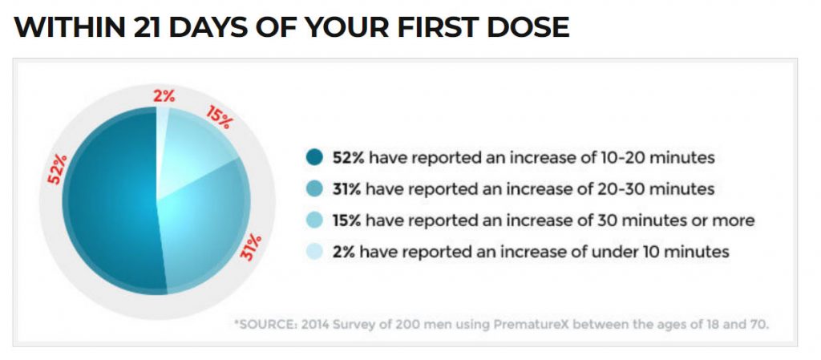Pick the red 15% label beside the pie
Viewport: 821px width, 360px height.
tap(220, 117)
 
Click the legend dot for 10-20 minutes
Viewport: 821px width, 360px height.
tap(313, 158)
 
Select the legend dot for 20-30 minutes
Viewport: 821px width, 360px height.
tap(313, 189)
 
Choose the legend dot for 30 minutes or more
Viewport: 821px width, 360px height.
tap(313, 220)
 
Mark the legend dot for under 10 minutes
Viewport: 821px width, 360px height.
tap(313, 252)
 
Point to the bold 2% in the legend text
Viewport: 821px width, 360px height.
tap(341, 252)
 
